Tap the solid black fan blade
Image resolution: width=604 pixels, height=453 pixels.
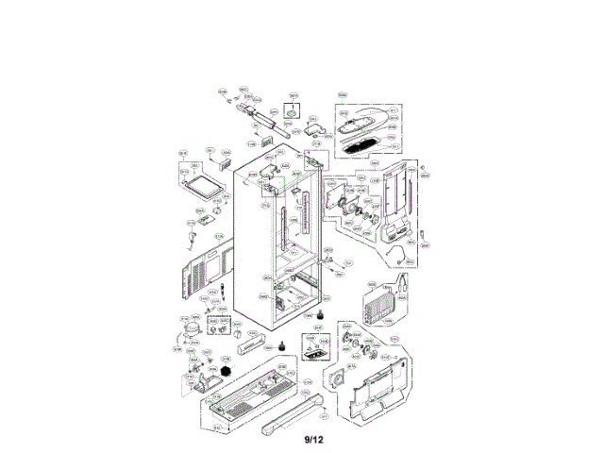point(226,374)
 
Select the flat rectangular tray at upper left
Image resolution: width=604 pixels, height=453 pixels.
point(198,179)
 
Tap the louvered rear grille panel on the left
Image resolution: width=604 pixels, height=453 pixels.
point(202,272)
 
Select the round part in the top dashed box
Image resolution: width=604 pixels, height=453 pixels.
point(293,114)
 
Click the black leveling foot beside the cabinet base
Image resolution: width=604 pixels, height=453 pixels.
point(279,346)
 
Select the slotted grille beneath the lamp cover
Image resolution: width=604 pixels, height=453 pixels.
point(360,147)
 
